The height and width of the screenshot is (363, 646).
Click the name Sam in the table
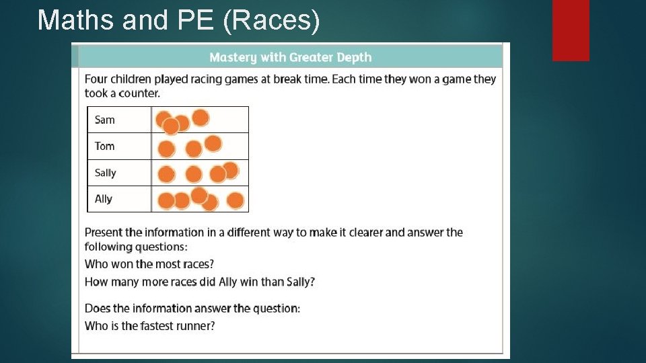[104, 120]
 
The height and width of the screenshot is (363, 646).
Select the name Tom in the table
[104, 146]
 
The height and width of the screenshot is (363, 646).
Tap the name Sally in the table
[105, 173]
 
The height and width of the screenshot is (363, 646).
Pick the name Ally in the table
[104, 199]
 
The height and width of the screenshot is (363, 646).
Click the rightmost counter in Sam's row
[201, 118]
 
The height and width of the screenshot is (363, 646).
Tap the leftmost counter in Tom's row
[166, 149]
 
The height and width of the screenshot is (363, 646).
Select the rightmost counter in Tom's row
[213, 143]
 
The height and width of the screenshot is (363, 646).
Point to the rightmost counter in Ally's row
[235, 200]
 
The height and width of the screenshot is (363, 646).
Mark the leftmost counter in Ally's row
[166, 200]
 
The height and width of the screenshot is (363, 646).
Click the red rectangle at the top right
[571, 30]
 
